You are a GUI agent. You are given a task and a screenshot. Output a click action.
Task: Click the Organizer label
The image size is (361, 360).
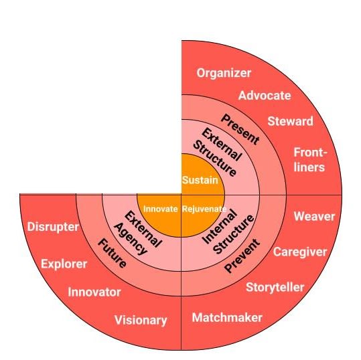click(224, 73)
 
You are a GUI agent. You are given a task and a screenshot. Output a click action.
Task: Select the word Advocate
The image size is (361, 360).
click(265, 96)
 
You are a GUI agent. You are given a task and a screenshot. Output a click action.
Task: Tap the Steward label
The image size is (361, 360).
click(290, 121)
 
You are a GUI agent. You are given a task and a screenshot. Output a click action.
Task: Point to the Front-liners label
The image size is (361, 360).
click(310, 160)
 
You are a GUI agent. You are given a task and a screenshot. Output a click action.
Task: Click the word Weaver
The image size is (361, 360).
click(314, 216)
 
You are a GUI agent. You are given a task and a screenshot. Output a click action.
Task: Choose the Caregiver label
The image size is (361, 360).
click(300, 252)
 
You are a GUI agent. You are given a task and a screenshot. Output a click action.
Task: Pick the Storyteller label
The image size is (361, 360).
click(275, 288)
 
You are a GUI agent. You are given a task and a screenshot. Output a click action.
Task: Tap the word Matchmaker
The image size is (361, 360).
click(227, 318)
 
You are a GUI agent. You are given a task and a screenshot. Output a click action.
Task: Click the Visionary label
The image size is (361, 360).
click(141, 321)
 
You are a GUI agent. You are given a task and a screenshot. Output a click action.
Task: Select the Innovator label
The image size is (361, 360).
click(94, 292)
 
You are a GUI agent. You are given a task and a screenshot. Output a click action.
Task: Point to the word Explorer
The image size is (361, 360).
click(64, 264)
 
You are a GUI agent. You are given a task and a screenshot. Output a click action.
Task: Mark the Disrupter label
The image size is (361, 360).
click(53, 227)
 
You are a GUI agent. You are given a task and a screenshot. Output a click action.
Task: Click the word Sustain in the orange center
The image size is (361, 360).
click(200, 180)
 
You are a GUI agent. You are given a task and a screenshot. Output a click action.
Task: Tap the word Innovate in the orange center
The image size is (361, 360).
click(160, 209)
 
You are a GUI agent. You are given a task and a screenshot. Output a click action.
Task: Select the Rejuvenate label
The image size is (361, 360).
click(204, 209)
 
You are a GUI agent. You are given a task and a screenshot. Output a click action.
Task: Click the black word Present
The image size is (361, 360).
click(240, 130)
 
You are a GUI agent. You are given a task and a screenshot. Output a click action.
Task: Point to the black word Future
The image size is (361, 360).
click(112, 253)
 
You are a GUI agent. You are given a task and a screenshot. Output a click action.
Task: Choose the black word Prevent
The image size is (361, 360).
click(242, 256)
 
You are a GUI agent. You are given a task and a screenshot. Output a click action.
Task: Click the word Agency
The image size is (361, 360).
click(131, 239)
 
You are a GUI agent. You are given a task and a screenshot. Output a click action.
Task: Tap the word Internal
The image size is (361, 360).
click(220, 226)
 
